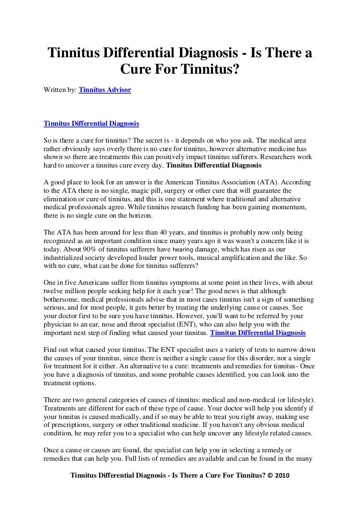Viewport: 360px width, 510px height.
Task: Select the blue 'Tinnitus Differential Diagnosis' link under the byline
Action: pos(91,124)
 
